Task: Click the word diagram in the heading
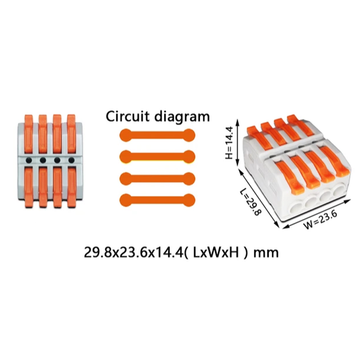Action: point(182,117)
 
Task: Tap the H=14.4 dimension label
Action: point(229,143)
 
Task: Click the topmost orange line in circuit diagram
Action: point(157,135)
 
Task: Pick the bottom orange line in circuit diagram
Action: point(157,200)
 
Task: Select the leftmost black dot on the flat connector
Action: point(29,160)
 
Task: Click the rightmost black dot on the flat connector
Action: point(72,160)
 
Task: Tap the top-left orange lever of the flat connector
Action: point(29,134)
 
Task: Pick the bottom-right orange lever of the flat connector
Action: point(72,187)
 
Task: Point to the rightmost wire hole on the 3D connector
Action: point(338,190)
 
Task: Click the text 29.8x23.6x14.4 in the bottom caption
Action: point(133,252)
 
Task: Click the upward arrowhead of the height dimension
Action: point(238,121)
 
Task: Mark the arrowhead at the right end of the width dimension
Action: point(348,201)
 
